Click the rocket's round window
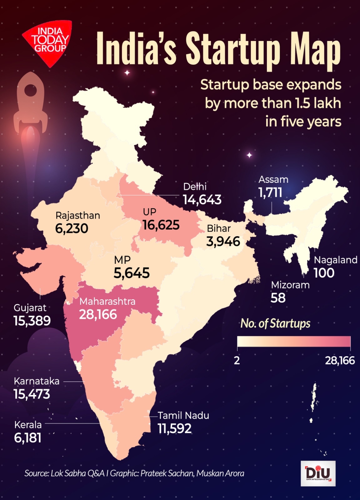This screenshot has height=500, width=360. [x=31, y=90]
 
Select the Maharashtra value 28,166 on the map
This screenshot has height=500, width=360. [x=98, y=314]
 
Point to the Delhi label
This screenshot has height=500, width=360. [x=195, y=187]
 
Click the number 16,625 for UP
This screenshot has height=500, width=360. [x=161, y=225]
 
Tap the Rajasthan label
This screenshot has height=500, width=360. [x=78, y=216]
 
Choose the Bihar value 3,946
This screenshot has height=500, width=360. [x=223, y=241]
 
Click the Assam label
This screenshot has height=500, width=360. [x=273, y=179]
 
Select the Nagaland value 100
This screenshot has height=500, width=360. [x=324, y=273]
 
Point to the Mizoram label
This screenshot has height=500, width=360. [x=290, y=285]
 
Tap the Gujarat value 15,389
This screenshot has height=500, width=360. [x=32, y=321]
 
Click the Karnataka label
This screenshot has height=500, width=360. [x=37, y=381]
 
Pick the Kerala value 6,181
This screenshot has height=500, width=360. [x=28, y=438]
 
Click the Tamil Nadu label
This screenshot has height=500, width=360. [x=184, y=416]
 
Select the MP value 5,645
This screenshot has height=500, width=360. [x=132, y=273]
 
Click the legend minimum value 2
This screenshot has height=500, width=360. [x=237, y=360]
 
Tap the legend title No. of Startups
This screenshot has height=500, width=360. [x=275, y=323]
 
